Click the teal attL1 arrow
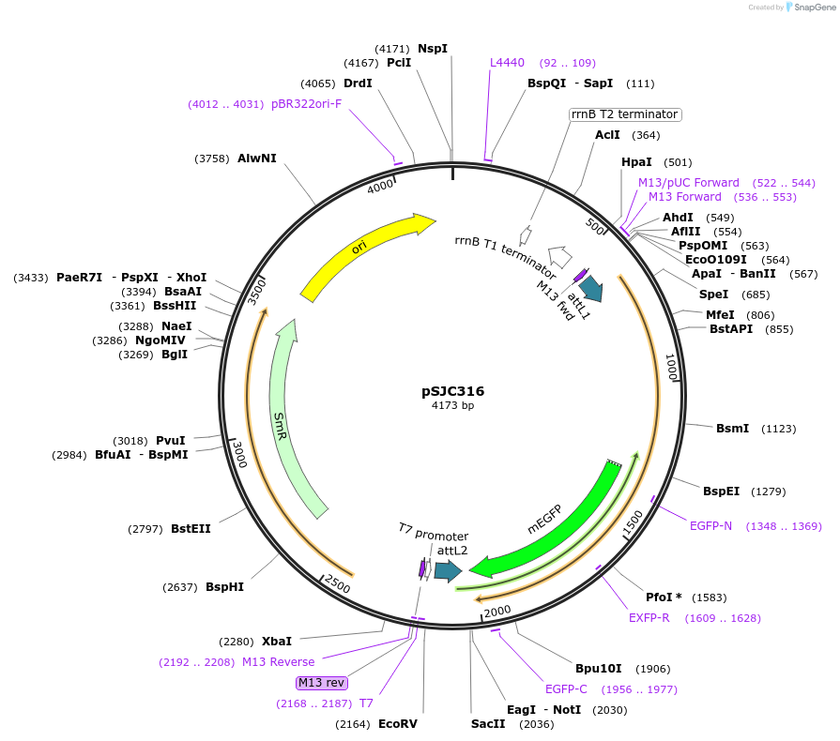click(x=591, y=288)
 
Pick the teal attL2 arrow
click(x=448, y=571)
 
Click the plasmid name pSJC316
click(x=452, y=391)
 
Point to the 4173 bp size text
click(x=452, y=405)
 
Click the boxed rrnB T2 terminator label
click(x=625, y=114)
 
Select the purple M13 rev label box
click(x=321, y=683)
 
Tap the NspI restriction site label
click(x=433, y=48)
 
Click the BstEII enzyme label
click(x=191, y=529)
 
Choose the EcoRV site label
click(x=398, y=724)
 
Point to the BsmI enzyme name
click(x=732, y=429)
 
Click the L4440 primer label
click(x=507, y=63)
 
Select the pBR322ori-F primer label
click(x=306, y=104)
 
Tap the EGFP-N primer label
click(x=710, y=526)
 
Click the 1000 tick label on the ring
click(x=671, y=367)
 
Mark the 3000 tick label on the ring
click(x=239, y=455)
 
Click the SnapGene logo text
click(x=815, y=7)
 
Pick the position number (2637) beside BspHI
click(x=180, y=587)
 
